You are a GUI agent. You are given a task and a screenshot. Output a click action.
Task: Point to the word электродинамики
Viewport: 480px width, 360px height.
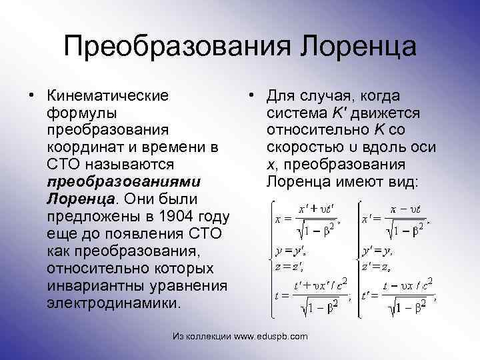113,302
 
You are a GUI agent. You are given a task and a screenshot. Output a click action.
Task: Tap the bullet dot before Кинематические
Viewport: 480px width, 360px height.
32,94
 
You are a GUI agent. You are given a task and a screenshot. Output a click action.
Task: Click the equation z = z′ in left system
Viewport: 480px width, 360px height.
290,266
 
